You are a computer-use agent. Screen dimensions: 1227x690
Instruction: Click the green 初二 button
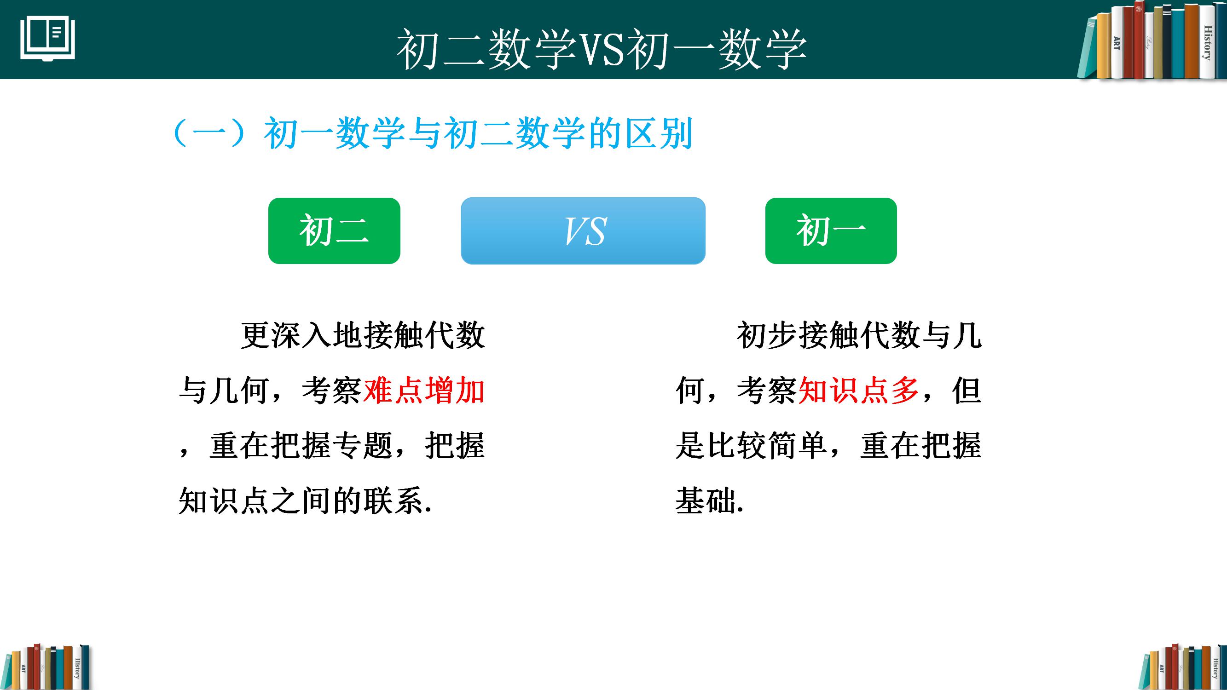click(334, 231)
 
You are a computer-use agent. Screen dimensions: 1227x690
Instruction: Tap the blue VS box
click(583, 231)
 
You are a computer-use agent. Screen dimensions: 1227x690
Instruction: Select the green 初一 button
click(831, 231)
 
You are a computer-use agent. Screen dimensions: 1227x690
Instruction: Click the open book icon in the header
click(47, 39)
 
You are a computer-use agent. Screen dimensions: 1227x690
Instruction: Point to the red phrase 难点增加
click(424, 391)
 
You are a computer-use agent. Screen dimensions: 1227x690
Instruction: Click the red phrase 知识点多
click(858, 391)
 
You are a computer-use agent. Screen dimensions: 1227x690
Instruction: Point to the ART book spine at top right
click(1117, 45)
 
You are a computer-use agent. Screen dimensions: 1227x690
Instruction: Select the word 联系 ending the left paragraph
click(394, 501)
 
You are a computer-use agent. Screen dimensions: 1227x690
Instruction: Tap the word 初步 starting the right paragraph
click(767, 336)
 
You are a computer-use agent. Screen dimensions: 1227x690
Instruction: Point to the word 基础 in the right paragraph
click(706, 501)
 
